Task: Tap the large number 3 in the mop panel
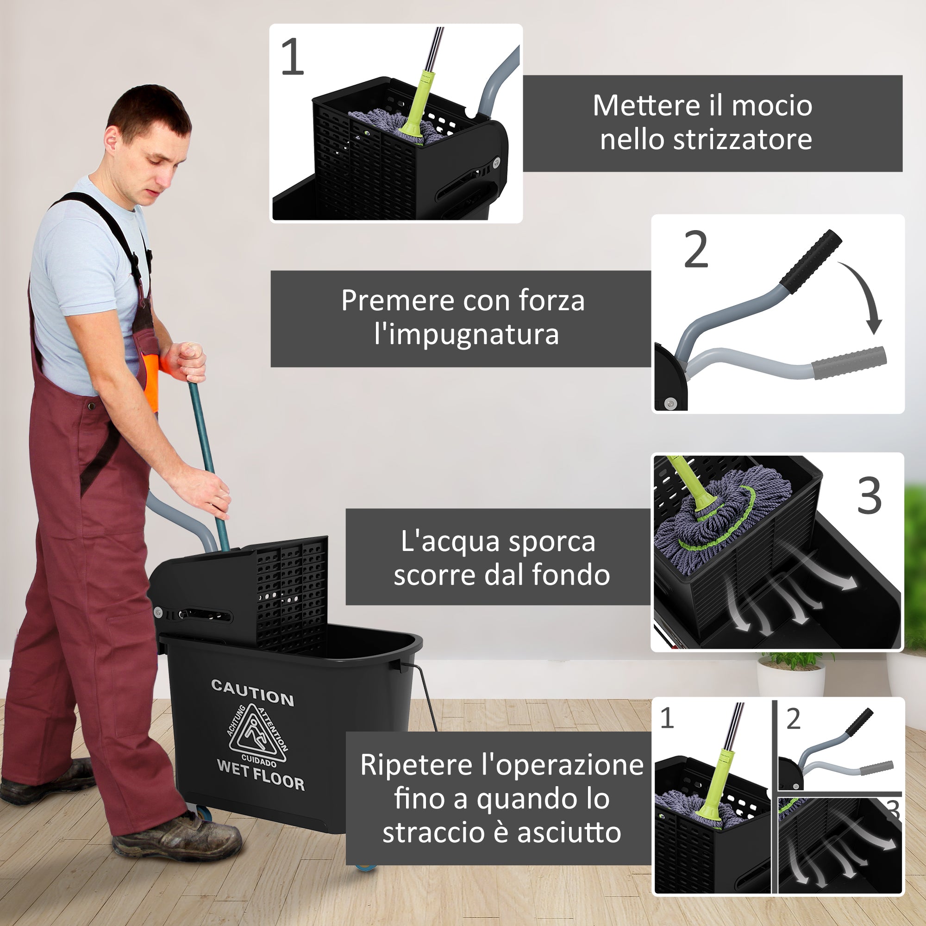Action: click(x=870, y=496)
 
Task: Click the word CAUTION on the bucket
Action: click(x=253, y=693)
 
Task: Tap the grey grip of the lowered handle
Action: click(x=849, y=363)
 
